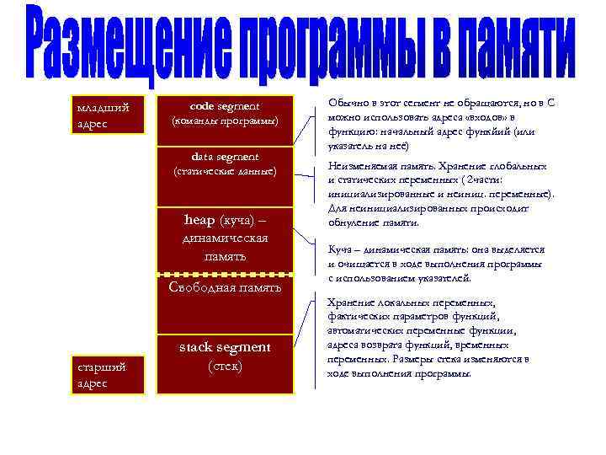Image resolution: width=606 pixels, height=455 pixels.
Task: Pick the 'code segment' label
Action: tap(225, 106)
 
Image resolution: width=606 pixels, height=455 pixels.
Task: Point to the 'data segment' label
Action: tap(225, 157)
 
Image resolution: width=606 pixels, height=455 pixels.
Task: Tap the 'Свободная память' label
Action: tap(225, 286)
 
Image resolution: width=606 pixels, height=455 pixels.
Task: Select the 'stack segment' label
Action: tap(225, 347)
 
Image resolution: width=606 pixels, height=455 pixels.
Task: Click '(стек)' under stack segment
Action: tap(225, 366)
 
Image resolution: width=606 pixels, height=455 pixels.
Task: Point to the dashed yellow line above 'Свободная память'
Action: tap(225, 275)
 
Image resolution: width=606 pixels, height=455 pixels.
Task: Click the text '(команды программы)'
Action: tap(225, 120)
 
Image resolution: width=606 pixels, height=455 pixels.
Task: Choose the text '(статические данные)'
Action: tap(225, 172)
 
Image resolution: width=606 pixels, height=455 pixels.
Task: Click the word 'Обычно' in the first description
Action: tap(348, 102)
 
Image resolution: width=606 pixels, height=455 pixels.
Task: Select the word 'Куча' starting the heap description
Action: tap(339, 249)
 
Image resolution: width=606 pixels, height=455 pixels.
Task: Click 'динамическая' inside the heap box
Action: tap(225, 238)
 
